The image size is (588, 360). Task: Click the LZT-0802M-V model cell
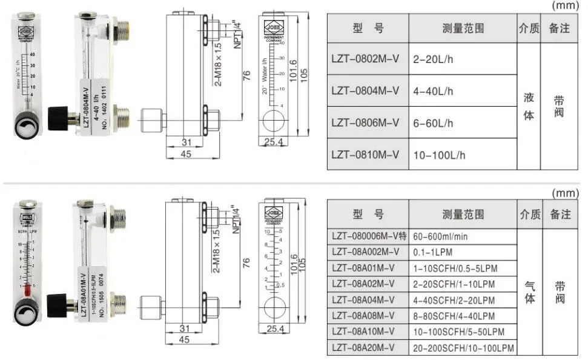click(368, 59)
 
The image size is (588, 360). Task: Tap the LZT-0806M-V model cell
click(368, 122)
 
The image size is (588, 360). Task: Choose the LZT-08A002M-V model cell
click(368, 252)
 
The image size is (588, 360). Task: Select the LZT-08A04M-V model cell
click(368, 300)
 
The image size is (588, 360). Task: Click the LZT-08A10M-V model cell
click(368, 332)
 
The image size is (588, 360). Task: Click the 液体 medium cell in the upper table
click(529, 106)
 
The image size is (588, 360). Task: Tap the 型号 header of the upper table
click(368, 28)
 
